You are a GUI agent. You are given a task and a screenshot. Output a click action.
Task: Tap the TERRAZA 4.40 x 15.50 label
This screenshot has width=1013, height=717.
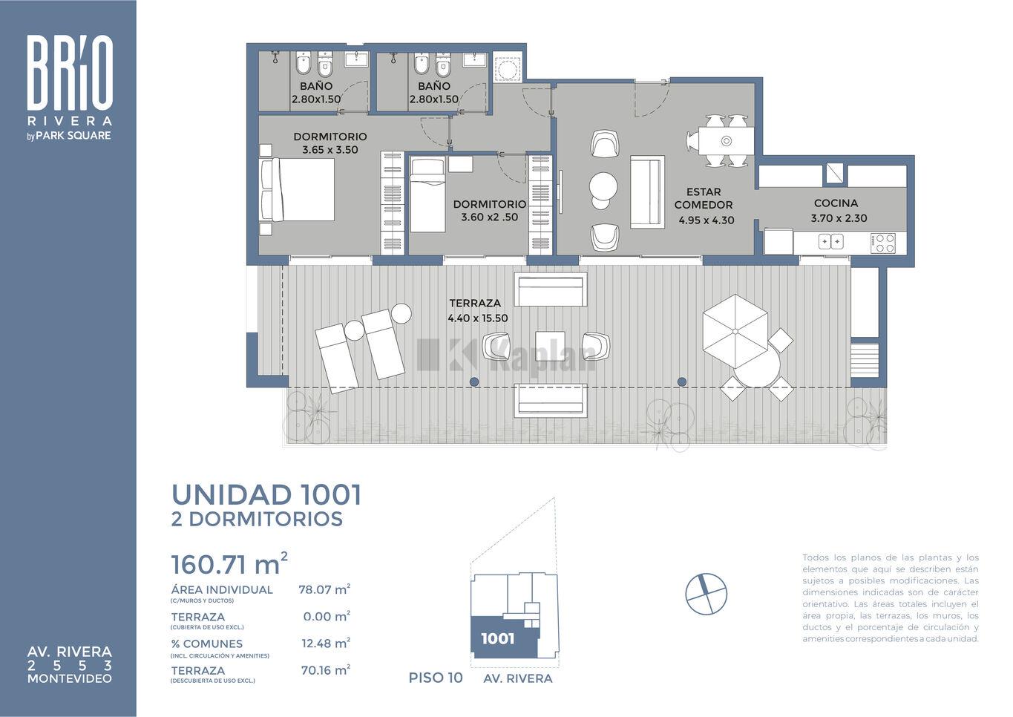point(477,310)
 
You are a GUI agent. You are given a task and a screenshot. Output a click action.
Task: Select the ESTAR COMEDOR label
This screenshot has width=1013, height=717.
point(704,198)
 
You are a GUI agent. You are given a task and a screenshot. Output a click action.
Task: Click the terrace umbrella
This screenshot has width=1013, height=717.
point(735,331)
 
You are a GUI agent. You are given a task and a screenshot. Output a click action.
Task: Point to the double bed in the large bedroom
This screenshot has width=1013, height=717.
point(298,189)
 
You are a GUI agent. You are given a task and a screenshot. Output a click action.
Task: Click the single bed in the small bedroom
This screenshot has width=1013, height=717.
point(427,194)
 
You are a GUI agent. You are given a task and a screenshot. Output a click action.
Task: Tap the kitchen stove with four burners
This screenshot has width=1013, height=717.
point(883,243)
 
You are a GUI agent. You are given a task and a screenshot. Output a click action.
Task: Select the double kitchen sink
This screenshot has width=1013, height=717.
point(831,241)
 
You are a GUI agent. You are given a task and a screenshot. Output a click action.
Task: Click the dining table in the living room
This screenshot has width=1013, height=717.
point(726,141)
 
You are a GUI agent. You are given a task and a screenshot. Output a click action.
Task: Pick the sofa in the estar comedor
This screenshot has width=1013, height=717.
point(647,191)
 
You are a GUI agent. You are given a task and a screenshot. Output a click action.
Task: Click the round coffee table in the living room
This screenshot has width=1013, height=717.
point(603,186)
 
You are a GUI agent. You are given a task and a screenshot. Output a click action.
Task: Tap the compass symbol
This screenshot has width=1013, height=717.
point(706,594)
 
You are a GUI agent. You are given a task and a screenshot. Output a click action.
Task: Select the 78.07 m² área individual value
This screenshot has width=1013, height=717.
point(324,589)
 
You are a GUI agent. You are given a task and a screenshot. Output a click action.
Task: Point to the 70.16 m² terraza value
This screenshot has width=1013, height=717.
point(326,670)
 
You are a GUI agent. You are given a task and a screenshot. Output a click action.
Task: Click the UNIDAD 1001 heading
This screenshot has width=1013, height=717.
point(267,495)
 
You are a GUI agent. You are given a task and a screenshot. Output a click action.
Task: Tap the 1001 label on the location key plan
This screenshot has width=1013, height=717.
point(497,638)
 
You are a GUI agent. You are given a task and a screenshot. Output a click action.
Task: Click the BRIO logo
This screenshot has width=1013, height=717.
point(70,73)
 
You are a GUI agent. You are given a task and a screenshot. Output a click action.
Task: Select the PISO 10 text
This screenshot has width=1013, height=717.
point(436,678)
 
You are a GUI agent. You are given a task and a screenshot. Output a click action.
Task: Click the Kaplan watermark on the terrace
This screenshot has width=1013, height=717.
point(506,356)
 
